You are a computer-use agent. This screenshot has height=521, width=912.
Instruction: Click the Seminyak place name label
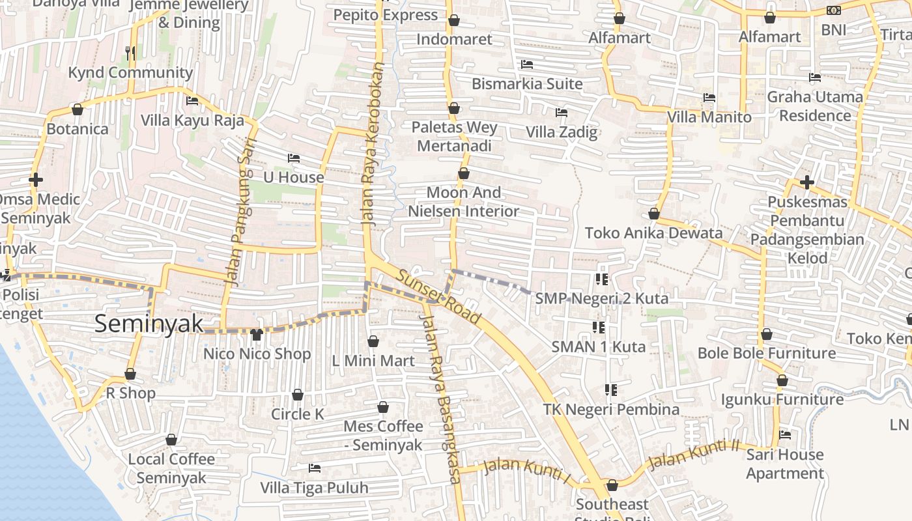tap(149, 324)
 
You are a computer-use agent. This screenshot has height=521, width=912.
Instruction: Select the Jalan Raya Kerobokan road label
tap(373, 145)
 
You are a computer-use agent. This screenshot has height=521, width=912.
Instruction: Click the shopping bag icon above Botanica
tap(78, 109)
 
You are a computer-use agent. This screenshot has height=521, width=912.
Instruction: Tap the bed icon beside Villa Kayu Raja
tap(192, 101)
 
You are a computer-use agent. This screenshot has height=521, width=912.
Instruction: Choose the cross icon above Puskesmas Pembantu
tap(806, 182)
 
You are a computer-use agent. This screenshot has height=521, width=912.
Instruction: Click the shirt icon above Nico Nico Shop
tap(257, 335)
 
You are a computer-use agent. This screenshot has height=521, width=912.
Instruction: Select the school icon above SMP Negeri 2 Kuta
tap(601, 279)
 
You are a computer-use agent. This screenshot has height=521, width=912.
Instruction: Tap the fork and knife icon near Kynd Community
tap(131, 53)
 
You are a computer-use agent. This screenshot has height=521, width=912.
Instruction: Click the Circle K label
tap(297, 414)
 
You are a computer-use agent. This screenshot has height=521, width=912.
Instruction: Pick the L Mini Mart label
tap(373, 361)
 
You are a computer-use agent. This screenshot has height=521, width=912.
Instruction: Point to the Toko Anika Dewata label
tap(653, 233)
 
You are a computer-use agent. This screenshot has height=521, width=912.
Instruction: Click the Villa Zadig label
tap(562, 132)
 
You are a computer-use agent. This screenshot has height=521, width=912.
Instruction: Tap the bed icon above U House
tap(294, 158)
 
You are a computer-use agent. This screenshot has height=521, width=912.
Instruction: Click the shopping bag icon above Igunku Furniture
tap(782, 380)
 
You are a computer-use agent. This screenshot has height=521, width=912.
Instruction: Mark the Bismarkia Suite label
tap(527, 84)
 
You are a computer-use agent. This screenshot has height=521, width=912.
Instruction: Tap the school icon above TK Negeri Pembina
tap(610, 390)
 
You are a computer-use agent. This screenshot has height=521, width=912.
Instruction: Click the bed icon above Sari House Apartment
tap(785, 435)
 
